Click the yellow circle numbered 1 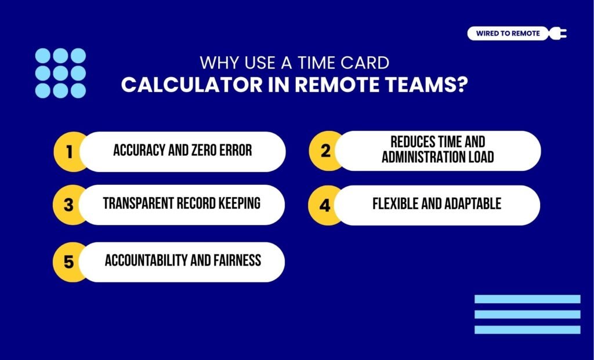(x=68, y=152)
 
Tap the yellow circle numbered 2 (x=324, y=151)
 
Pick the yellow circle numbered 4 (x=324, y=205)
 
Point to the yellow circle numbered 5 (x=68, y=262)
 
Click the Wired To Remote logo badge (x=508, y=34)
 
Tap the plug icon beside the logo (x=559, y=34)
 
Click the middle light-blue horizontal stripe (x=527, y=314)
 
